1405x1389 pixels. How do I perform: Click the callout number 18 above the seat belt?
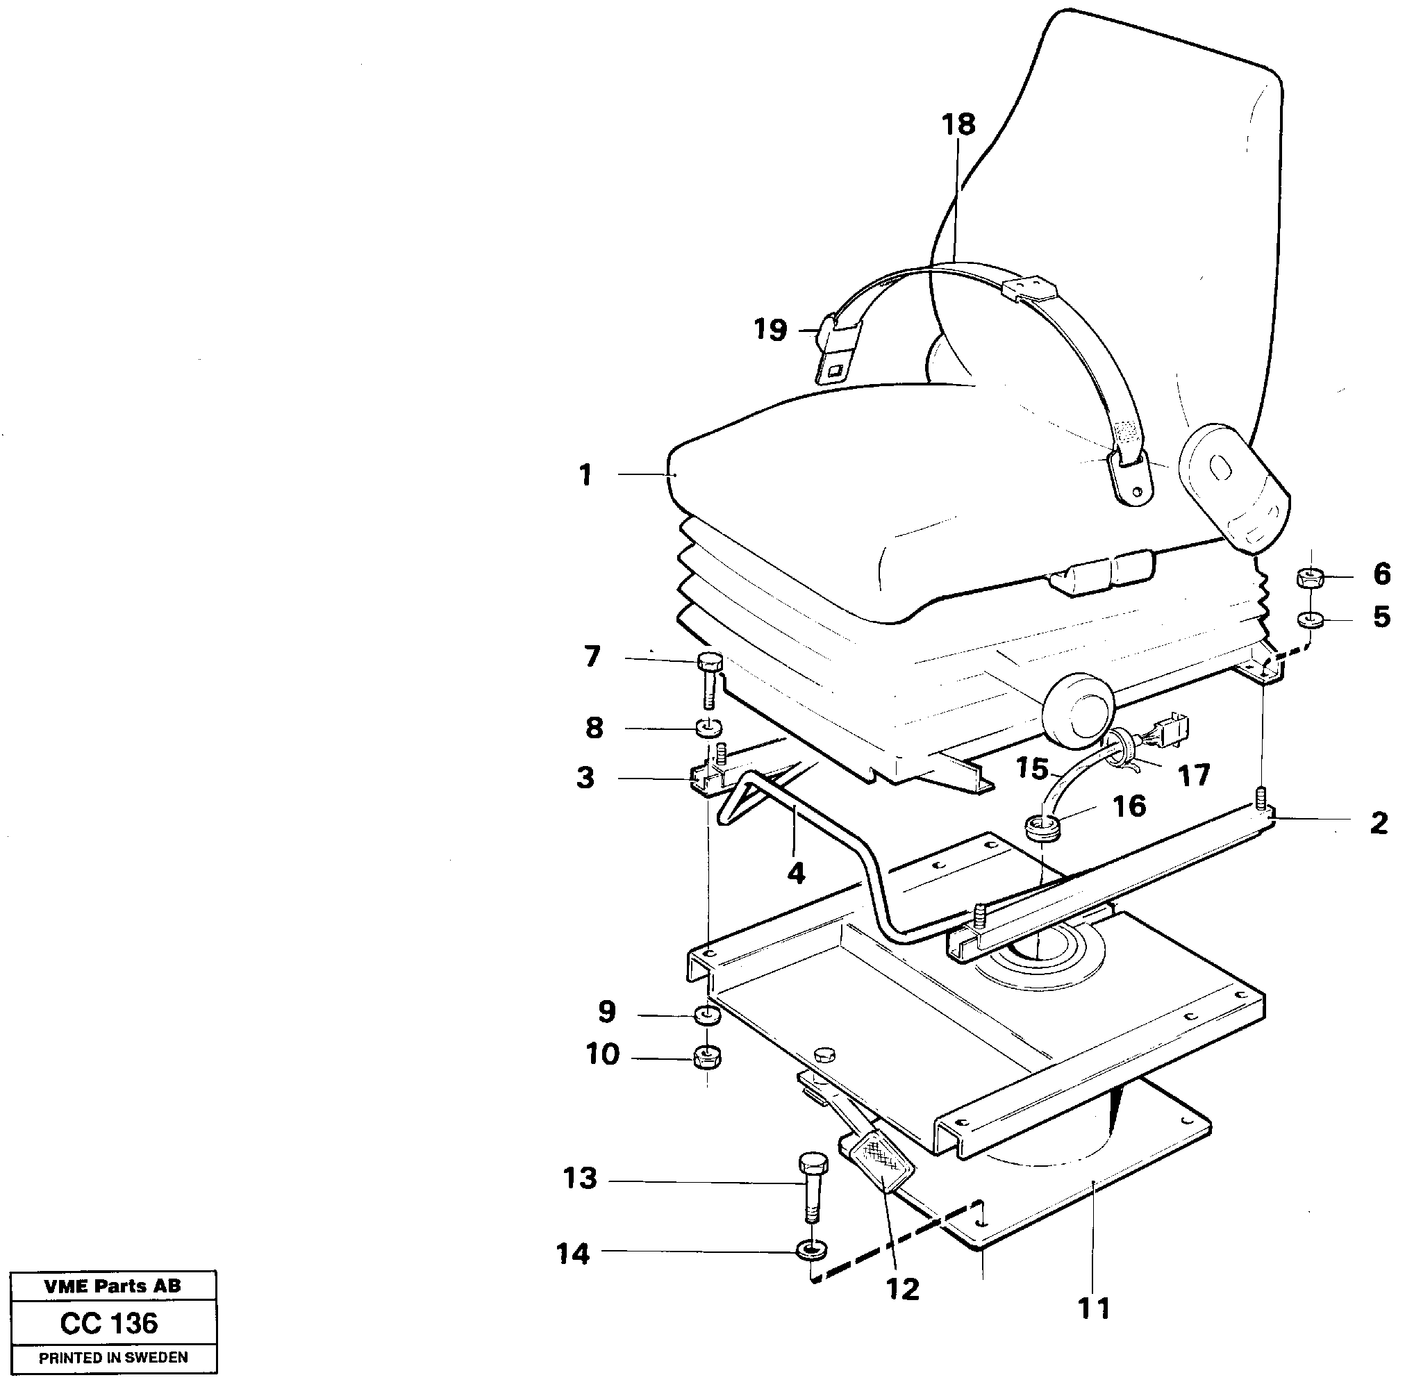click(x=958, y=125)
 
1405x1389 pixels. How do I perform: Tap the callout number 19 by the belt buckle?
click(x=770, y=330)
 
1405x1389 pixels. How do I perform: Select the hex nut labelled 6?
click(x=1308, y=578)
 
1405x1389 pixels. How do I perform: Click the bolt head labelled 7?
click(x=709, y=662)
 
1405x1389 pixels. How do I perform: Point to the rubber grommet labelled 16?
click(x=1040, y=827)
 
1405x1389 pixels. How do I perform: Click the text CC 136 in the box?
click(x=109, y=1324)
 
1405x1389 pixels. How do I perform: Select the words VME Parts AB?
click(x=113, y=1286)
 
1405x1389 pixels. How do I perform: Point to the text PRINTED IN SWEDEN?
click(x=113, y=1358)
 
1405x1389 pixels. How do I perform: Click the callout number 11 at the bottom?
click(x=1094, y=1309)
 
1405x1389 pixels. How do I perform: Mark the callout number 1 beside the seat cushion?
click(x=585, y=476)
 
